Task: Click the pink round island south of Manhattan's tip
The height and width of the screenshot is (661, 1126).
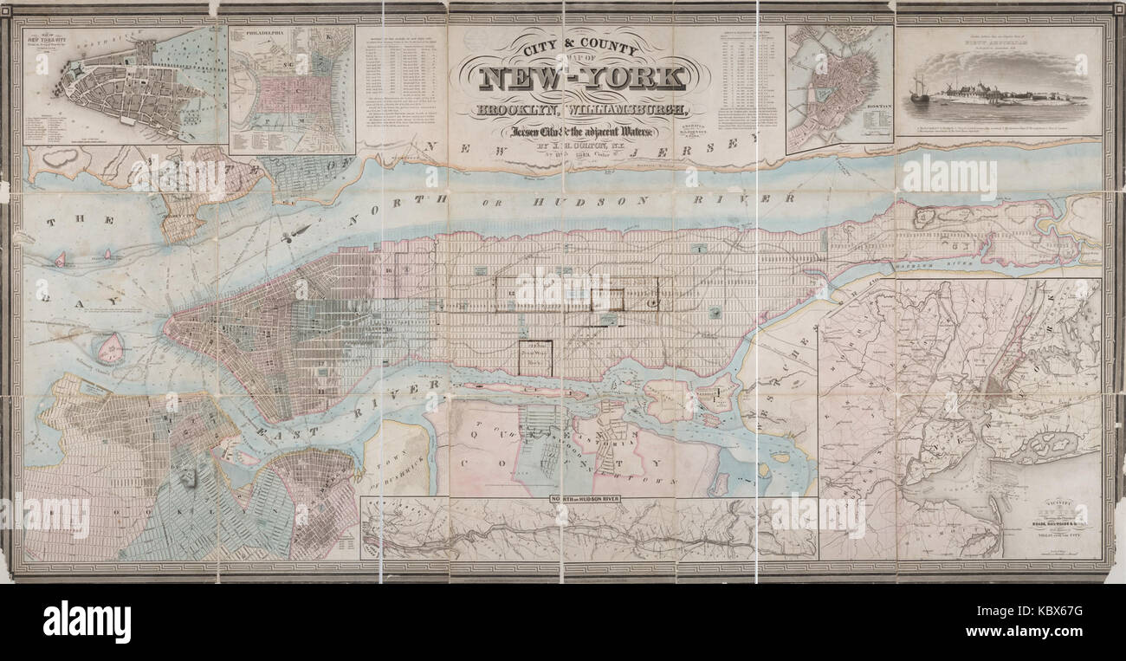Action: tap(111, 349)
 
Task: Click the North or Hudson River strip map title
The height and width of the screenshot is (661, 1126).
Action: tap(589, 502)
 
